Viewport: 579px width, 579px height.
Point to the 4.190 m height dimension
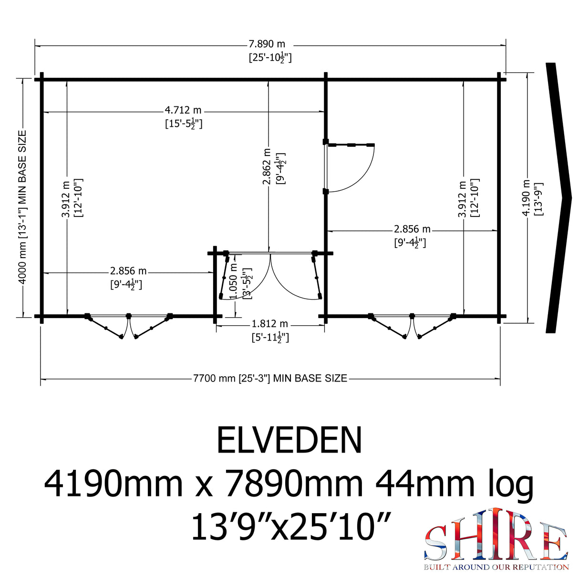point(526,197)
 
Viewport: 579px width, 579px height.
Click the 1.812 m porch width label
point(270,324)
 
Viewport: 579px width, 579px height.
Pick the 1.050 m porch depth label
point(234,281)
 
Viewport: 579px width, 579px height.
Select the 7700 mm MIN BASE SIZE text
point(270,378)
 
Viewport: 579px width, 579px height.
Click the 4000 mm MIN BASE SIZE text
point(22,207)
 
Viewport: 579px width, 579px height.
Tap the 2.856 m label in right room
point(412,229)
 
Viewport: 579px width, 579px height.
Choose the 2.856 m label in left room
point(128,271)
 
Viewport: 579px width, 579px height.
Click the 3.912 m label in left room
point(66,198)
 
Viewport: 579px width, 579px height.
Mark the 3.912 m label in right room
point(462,198)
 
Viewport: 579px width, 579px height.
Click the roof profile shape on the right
point(559,197)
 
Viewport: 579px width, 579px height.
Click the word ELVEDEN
point(289,440)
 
